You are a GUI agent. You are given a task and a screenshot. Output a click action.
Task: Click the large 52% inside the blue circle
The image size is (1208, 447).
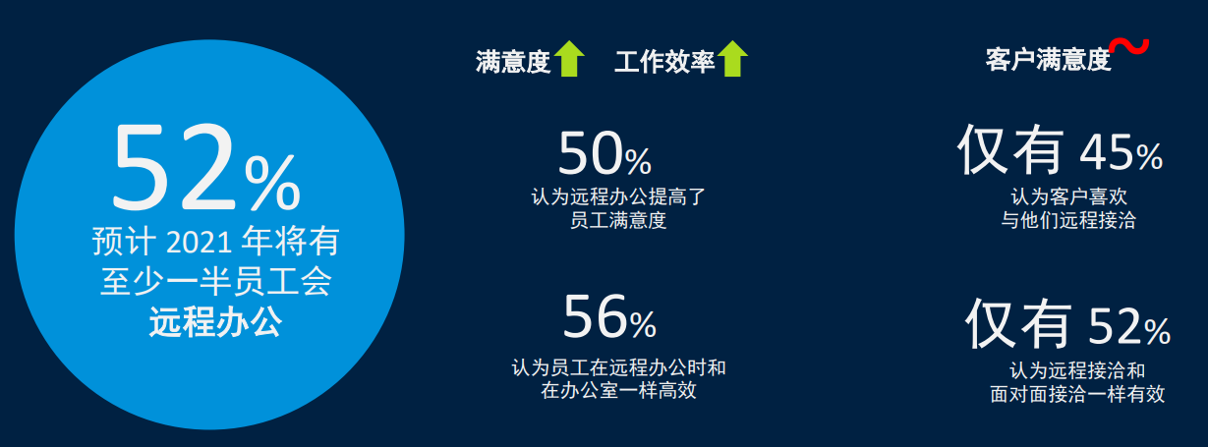[206, 168]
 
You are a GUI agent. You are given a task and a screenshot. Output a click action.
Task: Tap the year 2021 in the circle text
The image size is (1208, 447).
[199, 242]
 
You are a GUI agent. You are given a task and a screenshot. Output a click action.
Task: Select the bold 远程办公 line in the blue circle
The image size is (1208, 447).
[215, 322]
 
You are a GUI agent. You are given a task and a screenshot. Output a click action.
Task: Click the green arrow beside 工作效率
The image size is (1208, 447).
[732, 58]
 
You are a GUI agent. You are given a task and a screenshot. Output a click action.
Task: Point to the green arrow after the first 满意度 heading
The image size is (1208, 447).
[569, 58]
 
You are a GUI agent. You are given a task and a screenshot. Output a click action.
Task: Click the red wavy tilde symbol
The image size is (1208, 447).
[1129, 46]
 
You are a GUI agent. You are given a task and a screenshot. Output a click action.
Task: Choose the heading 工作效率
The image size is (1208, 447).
[664, 62]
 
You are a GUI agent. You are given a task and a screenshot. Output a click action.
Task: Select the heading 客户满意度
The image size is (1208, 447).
[1048, 59]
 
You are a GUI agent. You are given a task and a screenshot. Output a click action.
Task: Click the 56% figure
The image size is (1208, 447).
[610, 316]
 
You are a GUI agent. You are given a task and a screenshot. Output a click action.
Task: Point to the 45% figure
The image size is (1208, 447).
[1122, 152]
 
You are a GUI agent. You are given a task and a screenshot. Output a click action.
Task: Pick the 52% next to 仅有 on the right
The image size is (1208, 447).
[1129, 326]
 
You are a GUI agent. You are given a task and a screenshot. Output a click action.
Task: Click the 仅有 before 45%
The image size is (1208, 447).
[1010, 149]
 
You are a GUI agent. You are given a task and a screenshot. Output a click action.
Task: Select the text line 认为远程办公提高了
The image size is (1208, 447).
[618, 196]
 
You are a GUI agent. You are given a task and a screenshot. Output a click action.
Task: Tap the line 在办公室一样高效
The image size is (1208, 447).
[618, 390]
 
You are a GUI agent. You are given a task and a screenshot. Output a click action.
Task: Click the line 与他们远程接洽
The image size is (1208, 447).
[1068, 220]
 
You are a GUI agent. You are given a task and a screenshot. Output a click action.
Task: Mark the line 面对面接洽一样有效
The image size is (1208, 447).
[1077, 394]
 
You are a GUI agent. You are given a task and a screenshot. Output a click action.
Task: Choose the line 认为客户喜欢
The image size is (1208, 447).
[1068, 196]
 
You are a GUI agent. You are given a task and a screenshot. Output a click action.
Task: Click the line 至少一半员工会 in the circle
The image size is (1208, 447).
[215, 282]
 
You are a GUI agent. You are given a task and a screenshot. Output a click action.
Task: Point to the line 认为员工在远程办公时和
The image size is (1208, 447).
[618, 367]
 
